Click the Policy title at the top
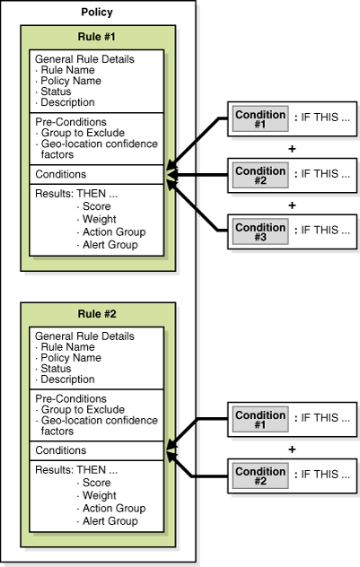(96, 13)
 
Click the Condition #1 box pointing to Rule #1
(259, 119)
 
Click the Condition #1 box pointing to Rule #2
(259, 417)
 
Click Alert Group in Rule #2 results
(110, 521)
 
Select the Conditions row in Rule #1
(61, 174)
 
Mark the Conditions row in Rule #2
(61, 450)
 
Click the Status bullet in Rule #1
(55, 91)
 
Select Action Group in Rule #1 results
(112, 231)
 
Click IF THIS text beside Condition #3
(322, 231)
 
